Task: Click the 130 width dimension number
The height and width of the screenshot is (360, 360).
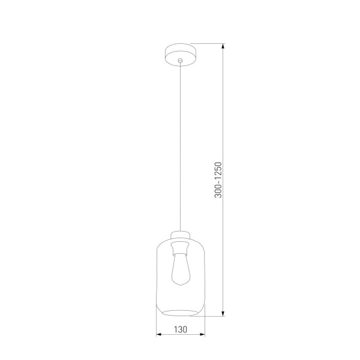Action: click(181, 329)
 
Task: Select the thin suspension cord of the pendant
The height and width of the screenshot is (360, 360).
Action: click(180, 150)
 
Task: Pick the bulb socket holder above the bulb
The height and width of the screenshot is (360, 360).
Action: click(180, 247)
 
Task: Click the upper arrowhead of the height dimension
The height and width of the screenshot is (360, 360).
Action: click(223, 46)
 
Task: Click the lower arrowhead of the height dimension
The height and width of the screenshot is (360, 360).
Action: click(223, 313)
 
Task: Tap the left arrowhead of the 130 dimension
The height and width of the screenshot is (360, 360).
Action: click(158, 335)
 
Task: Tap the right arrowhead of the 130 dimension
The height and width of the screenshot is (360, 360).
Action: click(203, 335)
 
